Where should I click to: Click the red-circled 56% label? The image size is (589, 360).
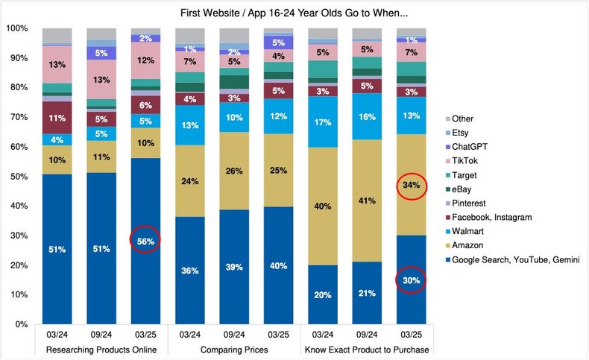pyautogui.click(x=146, y=239)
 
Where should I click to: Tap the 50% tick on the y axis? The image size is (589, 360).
pyautogui.click(x=18, y=177)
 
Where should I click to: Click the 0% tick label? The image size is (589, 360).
pyautogui.click(x=20, y=324)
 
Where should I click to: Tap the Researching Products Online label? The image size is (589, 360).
pyautogui.click(x=101, y=350)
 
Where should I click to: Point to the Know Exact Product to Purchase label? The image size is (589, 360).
pyautogui.click(x=367, y=350)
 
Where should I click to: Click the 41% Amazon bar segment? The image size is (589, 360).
pyautogui.click(x=367, y=200)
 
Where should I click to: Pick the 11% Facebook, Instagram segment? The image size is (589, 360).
pyautogui.click(x=57, y=118)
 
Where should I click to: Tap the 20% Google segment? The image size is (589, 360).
pyautogui.click(x=322, y=294)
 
